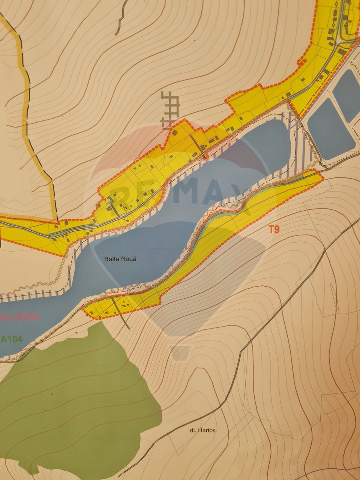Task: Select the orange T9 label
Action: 274,230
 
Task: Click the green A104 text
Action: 11,339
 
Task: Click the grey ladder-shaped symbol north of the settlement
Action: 171,109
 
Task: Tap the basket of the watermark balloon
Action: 180,353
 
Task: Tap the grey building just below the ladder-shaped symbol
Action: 174,132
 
